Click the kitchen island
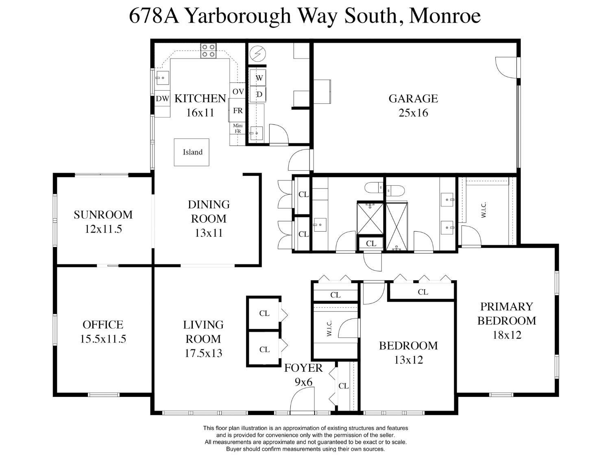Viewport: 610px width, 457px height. coord(192,152)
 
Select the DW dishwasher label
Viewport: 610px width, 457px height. coord(163,98)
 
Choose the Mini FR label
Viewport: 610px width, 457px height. coord(237,128)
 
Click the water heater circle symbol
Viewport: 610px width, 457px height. coord(257,54)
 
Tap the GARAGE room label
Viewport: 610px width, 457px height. coord(413,98)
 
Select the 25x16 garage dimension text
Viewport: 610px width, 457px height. coord(413,113)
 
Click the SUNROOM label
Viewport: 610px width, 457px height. coord(103,215)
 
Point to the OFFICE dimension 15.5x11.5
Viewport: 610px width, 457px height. coord(103,339)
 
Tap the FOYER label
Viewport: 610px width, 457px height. coord(303,368)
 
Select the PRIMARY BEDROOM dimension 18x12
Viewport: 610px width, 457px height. coord(507,335)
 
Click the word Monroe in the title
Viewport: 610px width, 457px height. coord(445,16)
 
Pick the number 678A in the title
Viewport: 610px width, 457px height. coord(154,16)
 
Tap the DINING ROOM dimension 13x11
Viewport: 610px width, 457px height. coord(209,233)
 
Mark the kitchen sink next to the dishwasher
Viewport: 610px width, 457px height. coord(162,78)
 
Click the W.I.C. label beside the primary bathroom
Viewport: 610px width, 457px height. coord(484,210)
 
